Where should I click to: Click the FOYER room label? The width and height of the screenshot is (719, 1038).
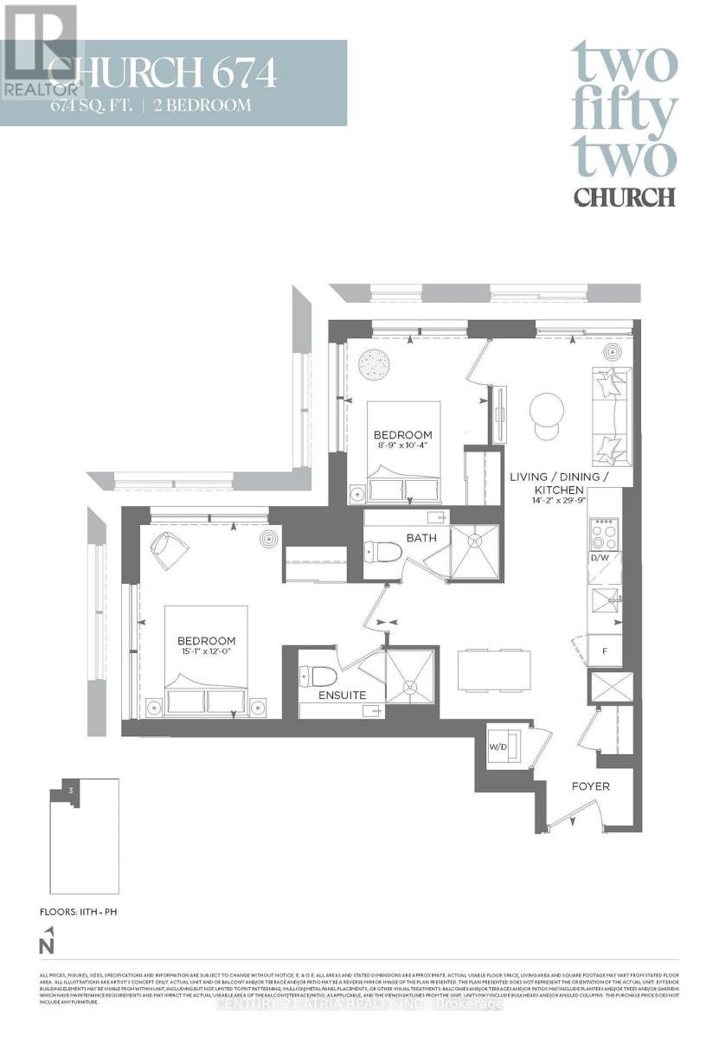pyautogui.click(x=591, y=786)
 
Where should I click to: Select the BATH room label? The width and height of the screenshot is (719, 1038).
pyautogui.click(x=421, y=538)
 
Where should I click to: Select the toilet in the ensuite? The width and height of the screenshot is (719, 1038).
pyautogui.click(x=312, y=675)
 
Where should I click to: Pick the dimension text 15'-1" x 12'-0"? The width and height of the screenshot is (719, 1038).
pyautogui.click(x=206, y=653)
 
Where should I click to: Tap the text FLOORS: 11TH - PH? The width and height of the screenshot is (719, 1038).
pyautogui.click(x=77, y=912)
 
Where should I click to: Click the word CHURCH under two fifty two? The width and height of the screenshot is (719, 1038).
pyautogui.click(x=624, y=196)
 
